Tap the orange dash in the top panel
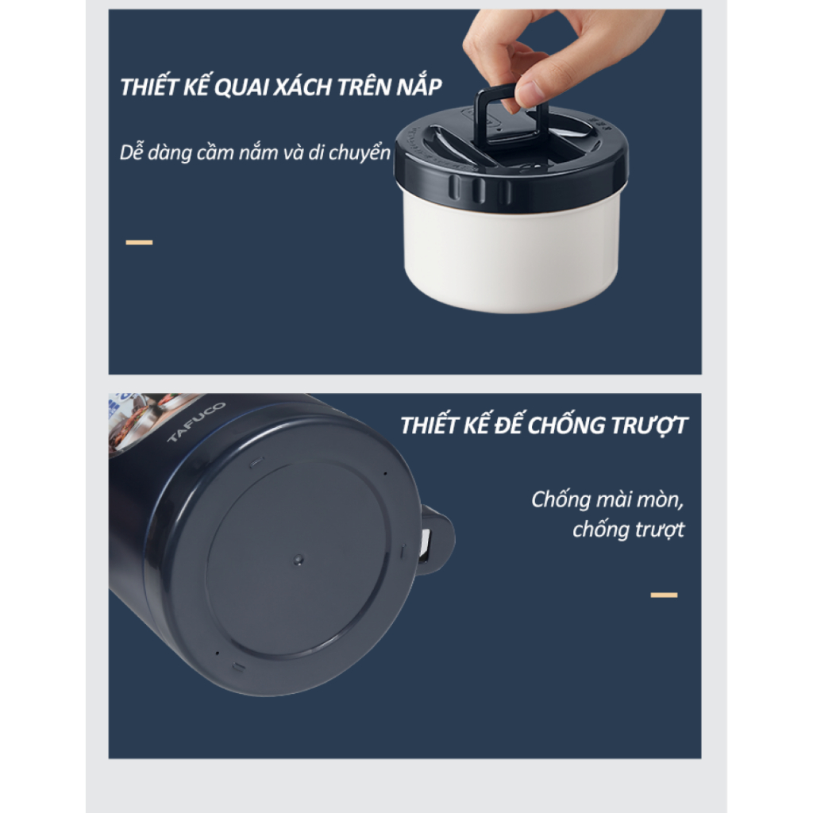(x=139, y=242)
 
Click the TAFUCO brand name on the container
(x=196, y=422)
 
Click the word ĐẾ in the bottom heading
(x=507, y=426)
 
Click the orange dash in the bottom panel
(x=665, y=595)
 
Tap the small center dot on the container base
(x=299, y=560)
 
